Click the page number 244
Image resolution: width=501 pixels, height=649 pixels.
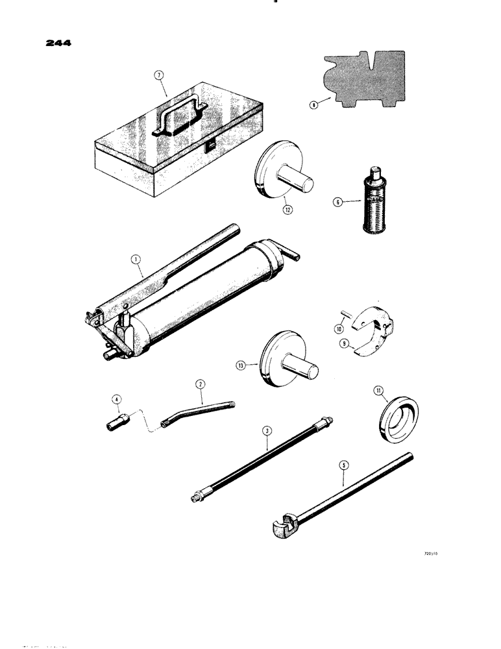click(58, 44)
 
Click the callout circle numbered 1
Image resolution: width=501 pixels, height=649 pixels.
click(136, 260)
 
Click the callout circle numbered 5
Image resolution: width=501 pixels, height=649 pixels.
click(343, 464)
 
